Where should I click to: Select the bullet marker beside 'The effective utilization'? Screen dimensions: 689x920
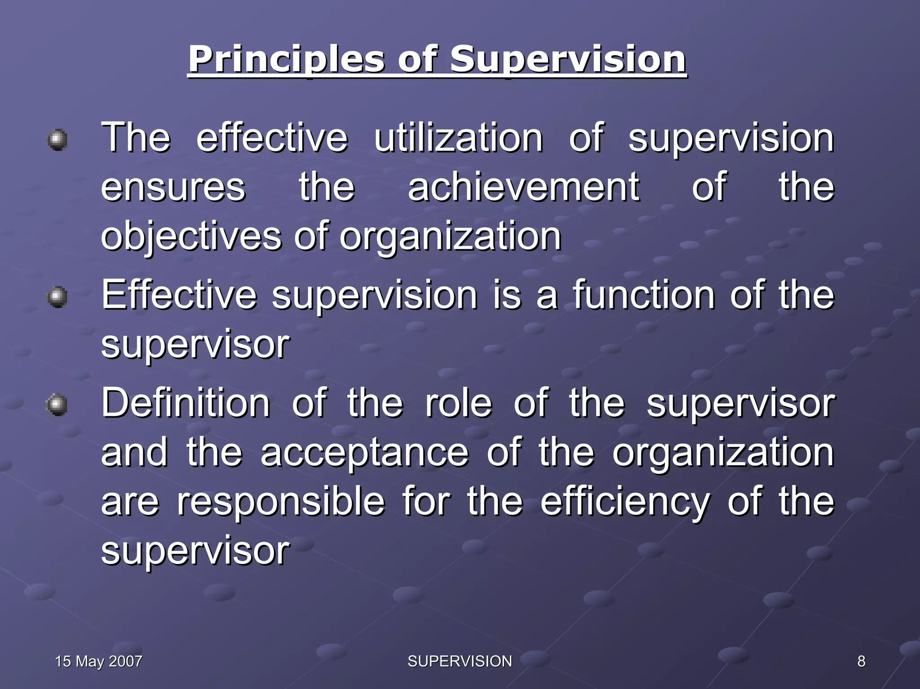(57, 140)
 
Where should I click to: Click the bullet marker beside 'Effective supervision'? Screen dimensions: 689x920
(57, 297)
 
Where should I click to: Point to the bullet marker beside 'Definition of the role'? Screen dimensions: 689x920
(57, 405)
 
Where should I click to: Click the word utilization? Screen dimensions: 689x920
(458, 138)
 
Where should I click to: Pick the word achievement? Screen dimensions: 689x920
(523, 187)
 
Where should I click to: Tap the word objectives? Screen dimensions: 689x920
(191, 237)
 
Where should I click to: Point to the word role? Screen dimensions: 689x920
(458, 403)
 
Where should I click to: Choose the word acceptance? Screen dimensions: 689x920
(364, 453)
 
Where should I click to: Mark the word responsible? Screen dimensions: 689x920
(281, 502)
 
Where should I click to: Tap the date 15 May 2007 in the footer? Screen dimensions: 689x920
(98, 661)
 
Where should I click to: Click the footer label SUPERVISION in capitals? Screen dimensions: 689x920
(460, 661)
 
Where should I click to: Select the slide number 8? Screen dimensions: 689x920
(861, 661)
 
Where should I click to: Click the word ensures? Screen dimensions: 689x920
(173, 187)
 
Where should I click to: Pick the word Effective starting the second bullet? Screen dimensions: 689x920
(179, 295)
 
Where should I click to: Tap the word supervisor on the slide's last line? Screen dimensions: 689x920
(195, 551)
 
